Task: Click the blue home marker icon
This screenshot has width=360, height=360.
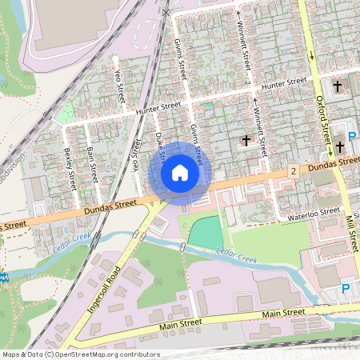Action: click(180, 172)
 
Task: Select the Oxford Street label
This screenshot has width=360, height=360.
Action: click(325, 120)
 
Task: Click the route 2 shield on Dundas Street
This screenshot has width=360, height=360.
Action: click(294, 171)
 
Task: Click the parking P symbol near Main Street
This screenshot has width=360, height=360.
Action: click(346, 289)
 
